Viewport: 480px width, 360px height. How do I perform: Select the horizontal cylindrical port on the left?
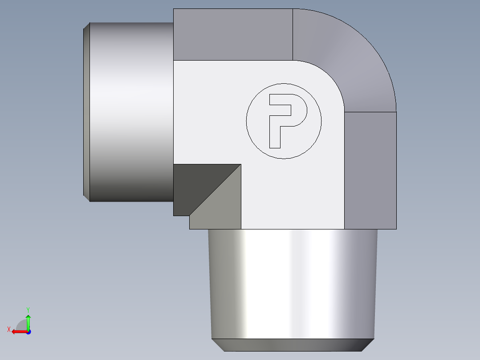(x=131, y=111)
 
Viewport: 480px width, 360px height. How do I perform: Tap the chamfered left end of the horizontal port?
(x=86, y=111)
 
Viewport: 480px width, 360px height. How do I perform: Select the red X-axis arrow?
(x=18, y=331)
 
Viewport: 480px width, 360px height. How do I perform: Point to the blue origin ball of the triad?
(x=28, y=332)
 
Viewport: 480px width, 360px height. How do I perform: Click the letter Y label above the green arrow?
(x=28, y=309)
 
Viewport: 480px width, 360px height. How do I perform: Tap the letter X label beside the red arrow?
(x=9, y=330)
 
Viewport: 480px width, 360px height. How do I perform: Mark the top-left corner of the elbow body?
(x=174, y=9)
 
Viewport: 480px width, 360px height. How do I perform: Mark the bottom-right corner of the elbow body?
(x=396, y=229)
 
